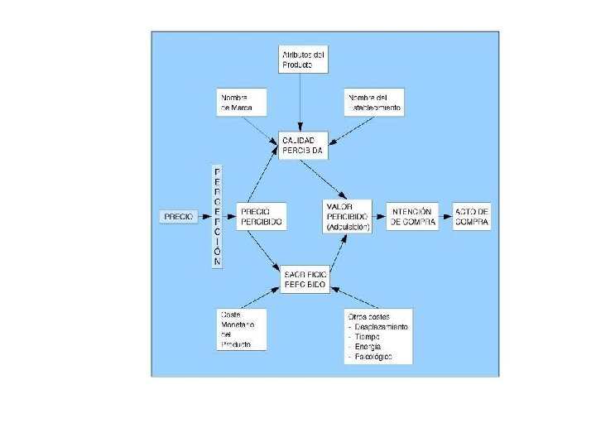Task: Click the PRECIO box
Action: coord(179,216)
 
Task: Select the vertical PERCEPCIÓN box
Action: coord(218,215)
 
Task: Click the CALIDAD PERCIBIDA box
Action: coord(304,146)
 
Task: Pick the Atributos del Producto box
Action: coord(302,60)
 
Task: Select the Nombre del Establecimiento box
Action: coord(374,103)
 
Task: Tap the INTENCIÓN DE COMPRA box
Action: coord(413,216)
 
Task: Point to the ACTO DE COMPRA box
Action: coord(472,216)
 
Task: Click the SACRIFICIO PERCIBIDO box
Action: coord(305,277)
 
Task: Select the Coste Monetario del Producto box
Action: coord(242,329)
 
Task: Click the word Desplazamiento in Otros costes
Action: coord(382,326)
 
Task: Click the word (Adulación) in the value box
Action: coord(348,225)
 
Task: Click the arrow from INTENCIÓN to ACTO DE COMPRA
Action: coord(445,216)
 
